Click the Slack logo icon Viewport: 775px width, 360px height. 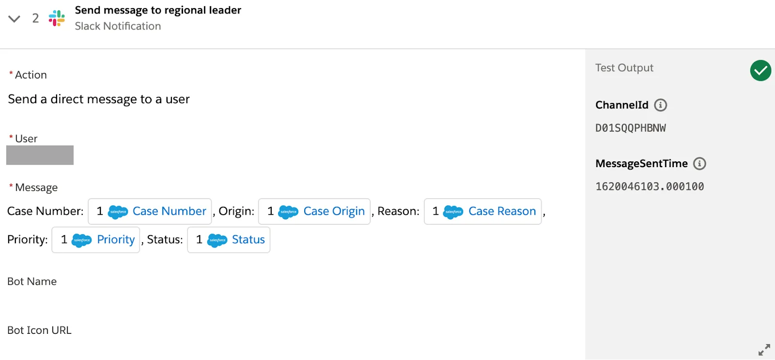tap(57, 18)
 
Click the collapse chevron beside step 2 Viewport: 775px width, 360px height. tap(14, 19)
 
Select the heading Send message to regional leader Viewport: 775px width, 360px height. tap(158, 10)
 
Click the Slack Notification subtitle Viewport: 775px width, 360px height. tap(118, 26)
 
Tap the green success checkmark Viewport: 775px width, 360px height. tap(760, 71)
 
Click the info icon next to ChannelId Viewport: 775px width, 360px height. tap(660, 105)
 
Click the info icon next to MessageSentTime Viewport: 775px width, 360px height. tap(699, 164)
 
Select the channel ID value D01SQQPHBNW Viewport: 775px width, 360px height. tap(630, 128)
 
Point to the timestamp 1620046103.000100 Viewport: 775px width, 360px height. tap(650, 187)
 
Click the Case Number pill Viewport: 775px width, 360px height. tap(150, 211)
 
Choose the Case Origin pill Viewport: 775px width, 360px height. tap(314, 211)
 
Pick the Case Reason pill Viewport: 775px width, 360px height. tap(482, 211)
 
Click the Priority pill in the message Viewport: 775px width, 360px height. tap(96, 240)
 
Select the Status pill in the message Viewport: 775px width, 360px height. tap(229, 240)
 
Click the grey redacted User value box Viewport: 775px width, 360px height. tap(40, 155)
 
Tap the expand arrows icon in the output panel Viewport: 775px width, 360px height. tap(764, 349)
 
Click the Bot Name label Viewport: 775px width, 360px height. tap(32, 282)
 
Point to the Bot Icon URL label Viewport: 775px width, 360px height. tap(39, 330)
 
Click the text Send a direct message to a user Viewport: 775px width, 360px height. tap(99, 99)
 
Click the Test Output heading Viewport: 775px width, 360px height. tap(624, 68)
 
